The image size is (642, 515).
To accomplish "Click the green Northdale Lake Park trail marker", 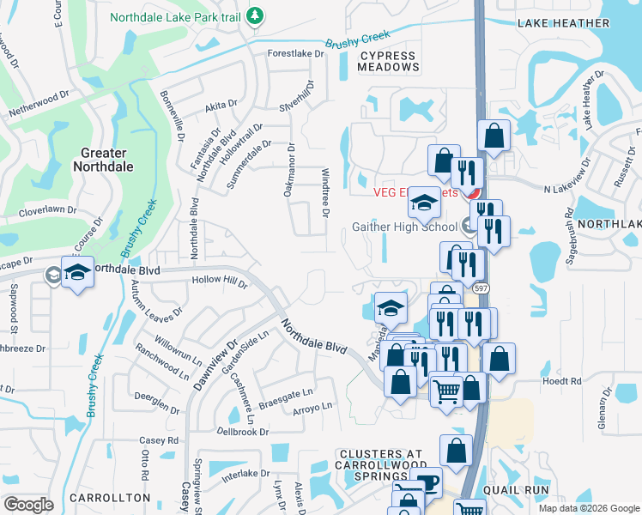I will coord(254,15).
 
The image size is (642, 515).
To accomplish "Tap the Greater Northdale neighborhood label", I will coord(107,160).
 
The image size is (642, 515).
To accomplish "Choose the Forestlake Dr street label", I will coord(296,53).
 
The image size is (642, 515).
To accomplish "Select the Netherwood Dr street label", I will coord(39,106).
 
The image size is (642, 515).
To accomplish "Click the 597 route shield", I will coord(481,289).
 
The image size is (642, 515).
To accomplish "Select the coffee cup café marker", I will coord(426,481).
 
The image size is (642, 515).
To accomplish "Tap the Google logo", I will coord(28,504).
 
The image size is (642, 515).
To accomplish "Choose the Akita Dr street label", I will coord(221,105).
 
